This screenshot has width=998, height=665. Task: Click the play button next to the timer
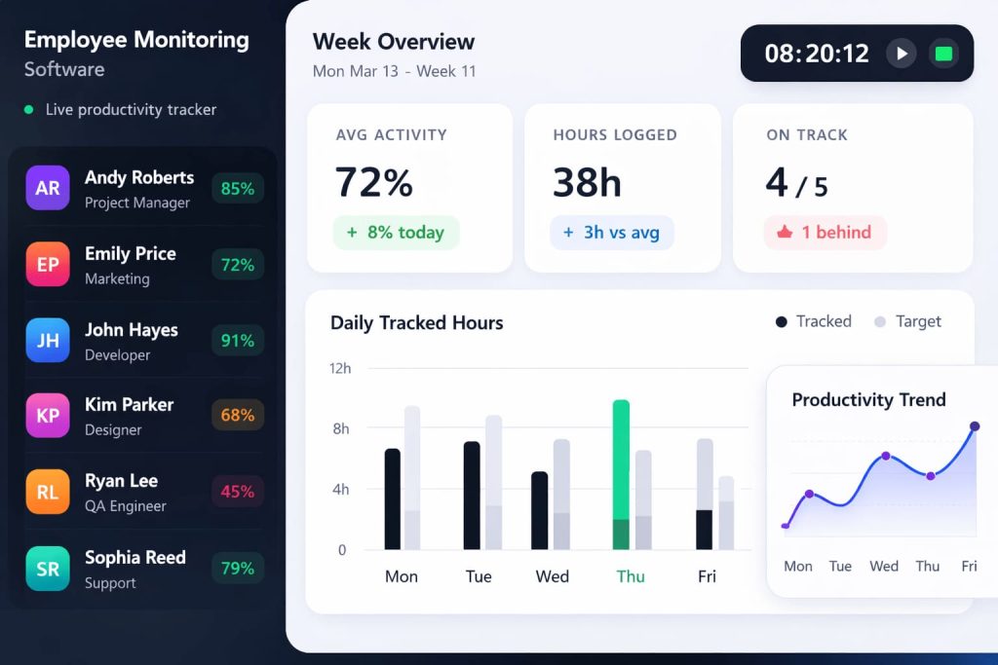902,54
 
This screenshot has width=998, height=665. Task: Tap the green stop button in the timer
943,54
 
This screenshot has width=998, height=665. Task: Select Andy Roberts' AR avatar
48,189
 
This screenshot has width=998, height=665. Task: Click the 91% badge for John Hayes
238,341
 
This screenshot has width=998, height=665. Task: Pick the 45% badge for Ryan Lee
238,492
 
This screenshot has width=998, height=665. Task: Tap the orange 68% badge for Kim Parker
238,416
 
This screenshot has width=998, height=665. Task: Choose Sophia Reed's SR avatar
48,569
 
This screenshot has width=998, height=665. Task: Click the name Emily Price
131,254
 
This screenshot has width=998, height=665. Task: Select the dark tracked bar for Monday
393,499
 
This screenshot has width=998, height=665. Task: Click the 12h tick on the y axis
340,368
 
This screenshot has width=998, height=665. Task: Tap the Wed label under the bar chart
553,576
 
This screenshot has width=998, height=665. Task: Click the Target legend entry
908,321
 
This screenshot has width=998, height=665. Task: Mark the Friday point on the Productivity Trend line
974,426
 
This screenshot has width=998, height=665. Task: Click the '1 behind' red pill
825,233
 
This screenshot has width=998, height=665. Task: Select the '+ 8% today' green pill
396,233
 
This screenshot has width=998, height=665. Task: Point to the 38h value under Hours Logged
587,183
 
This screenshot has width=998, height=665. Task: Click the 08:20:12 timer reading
817,54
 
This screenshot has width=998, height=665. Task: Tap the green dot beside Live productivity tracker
29,110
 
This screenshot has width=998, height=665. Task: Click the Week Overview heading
394,42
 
